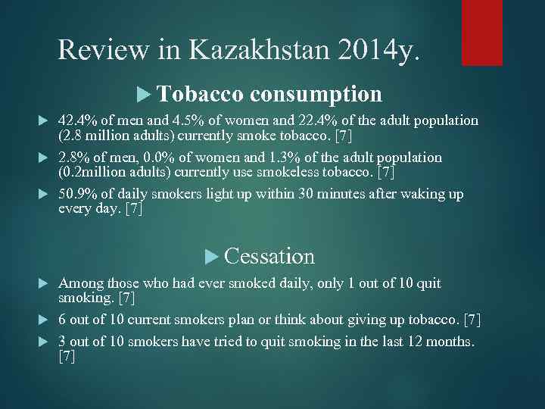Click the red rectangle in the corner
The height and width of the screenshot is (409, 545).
click(x=482, y=32)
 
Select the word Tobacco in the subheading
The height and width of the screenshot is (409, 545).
click(x=201, y=94)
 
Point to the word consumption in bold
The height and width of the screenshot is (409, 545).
click(x=316, y=94)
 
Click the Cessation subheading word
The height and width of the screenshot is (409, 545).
click(x=269, y=256)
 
